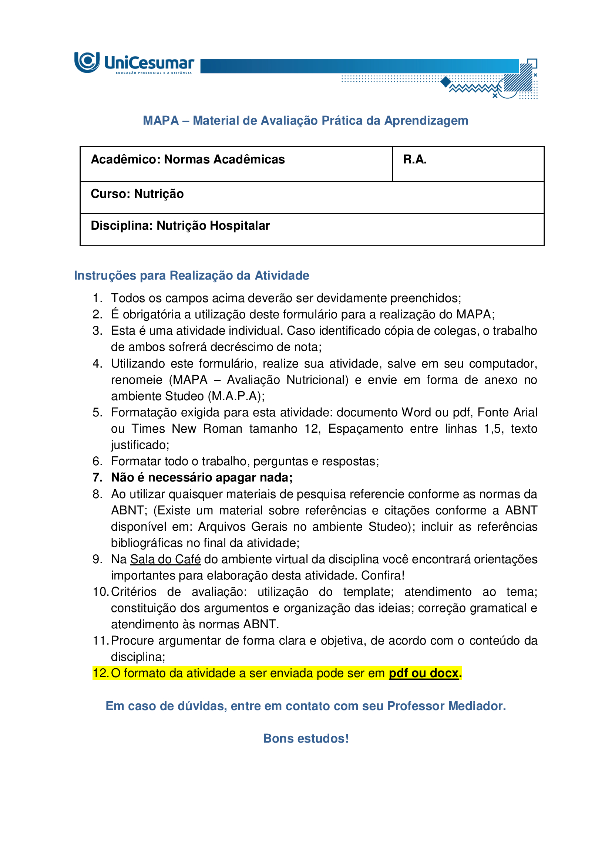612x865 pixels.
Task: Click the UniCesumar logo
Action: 134,63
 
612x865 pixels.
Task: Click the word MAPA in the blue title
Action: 161,121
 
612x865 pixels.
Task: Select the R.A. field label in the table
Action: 414,159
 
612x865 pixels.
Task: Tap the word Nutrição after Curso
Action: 159,194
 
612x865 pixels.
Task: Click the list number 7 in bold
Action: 97,478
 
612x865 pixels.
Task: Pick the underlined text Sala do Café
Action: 165,559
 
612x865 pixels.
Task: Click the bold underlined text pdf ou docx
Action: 423,673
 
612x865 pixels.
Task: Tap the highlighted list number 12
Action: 100,673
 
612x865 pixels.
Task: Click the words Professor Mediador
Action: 446,706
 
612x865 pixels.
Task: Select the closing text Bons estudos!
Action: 306,739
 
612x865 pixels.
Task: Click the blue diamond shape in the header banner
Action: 446,81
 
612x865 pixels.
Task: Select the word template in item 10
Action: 368,592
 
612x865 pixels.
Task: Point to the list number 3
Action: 97,331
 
